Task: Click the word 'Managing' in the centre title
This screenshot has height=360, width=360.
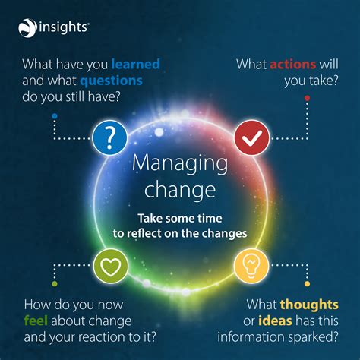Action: click(x=180, y=163)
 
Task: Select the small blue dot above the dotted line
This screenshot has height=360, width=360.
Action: click(x=55, y=115)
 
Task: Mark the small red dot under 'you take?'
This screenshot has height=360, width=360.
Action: click(x=306, y=98)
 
